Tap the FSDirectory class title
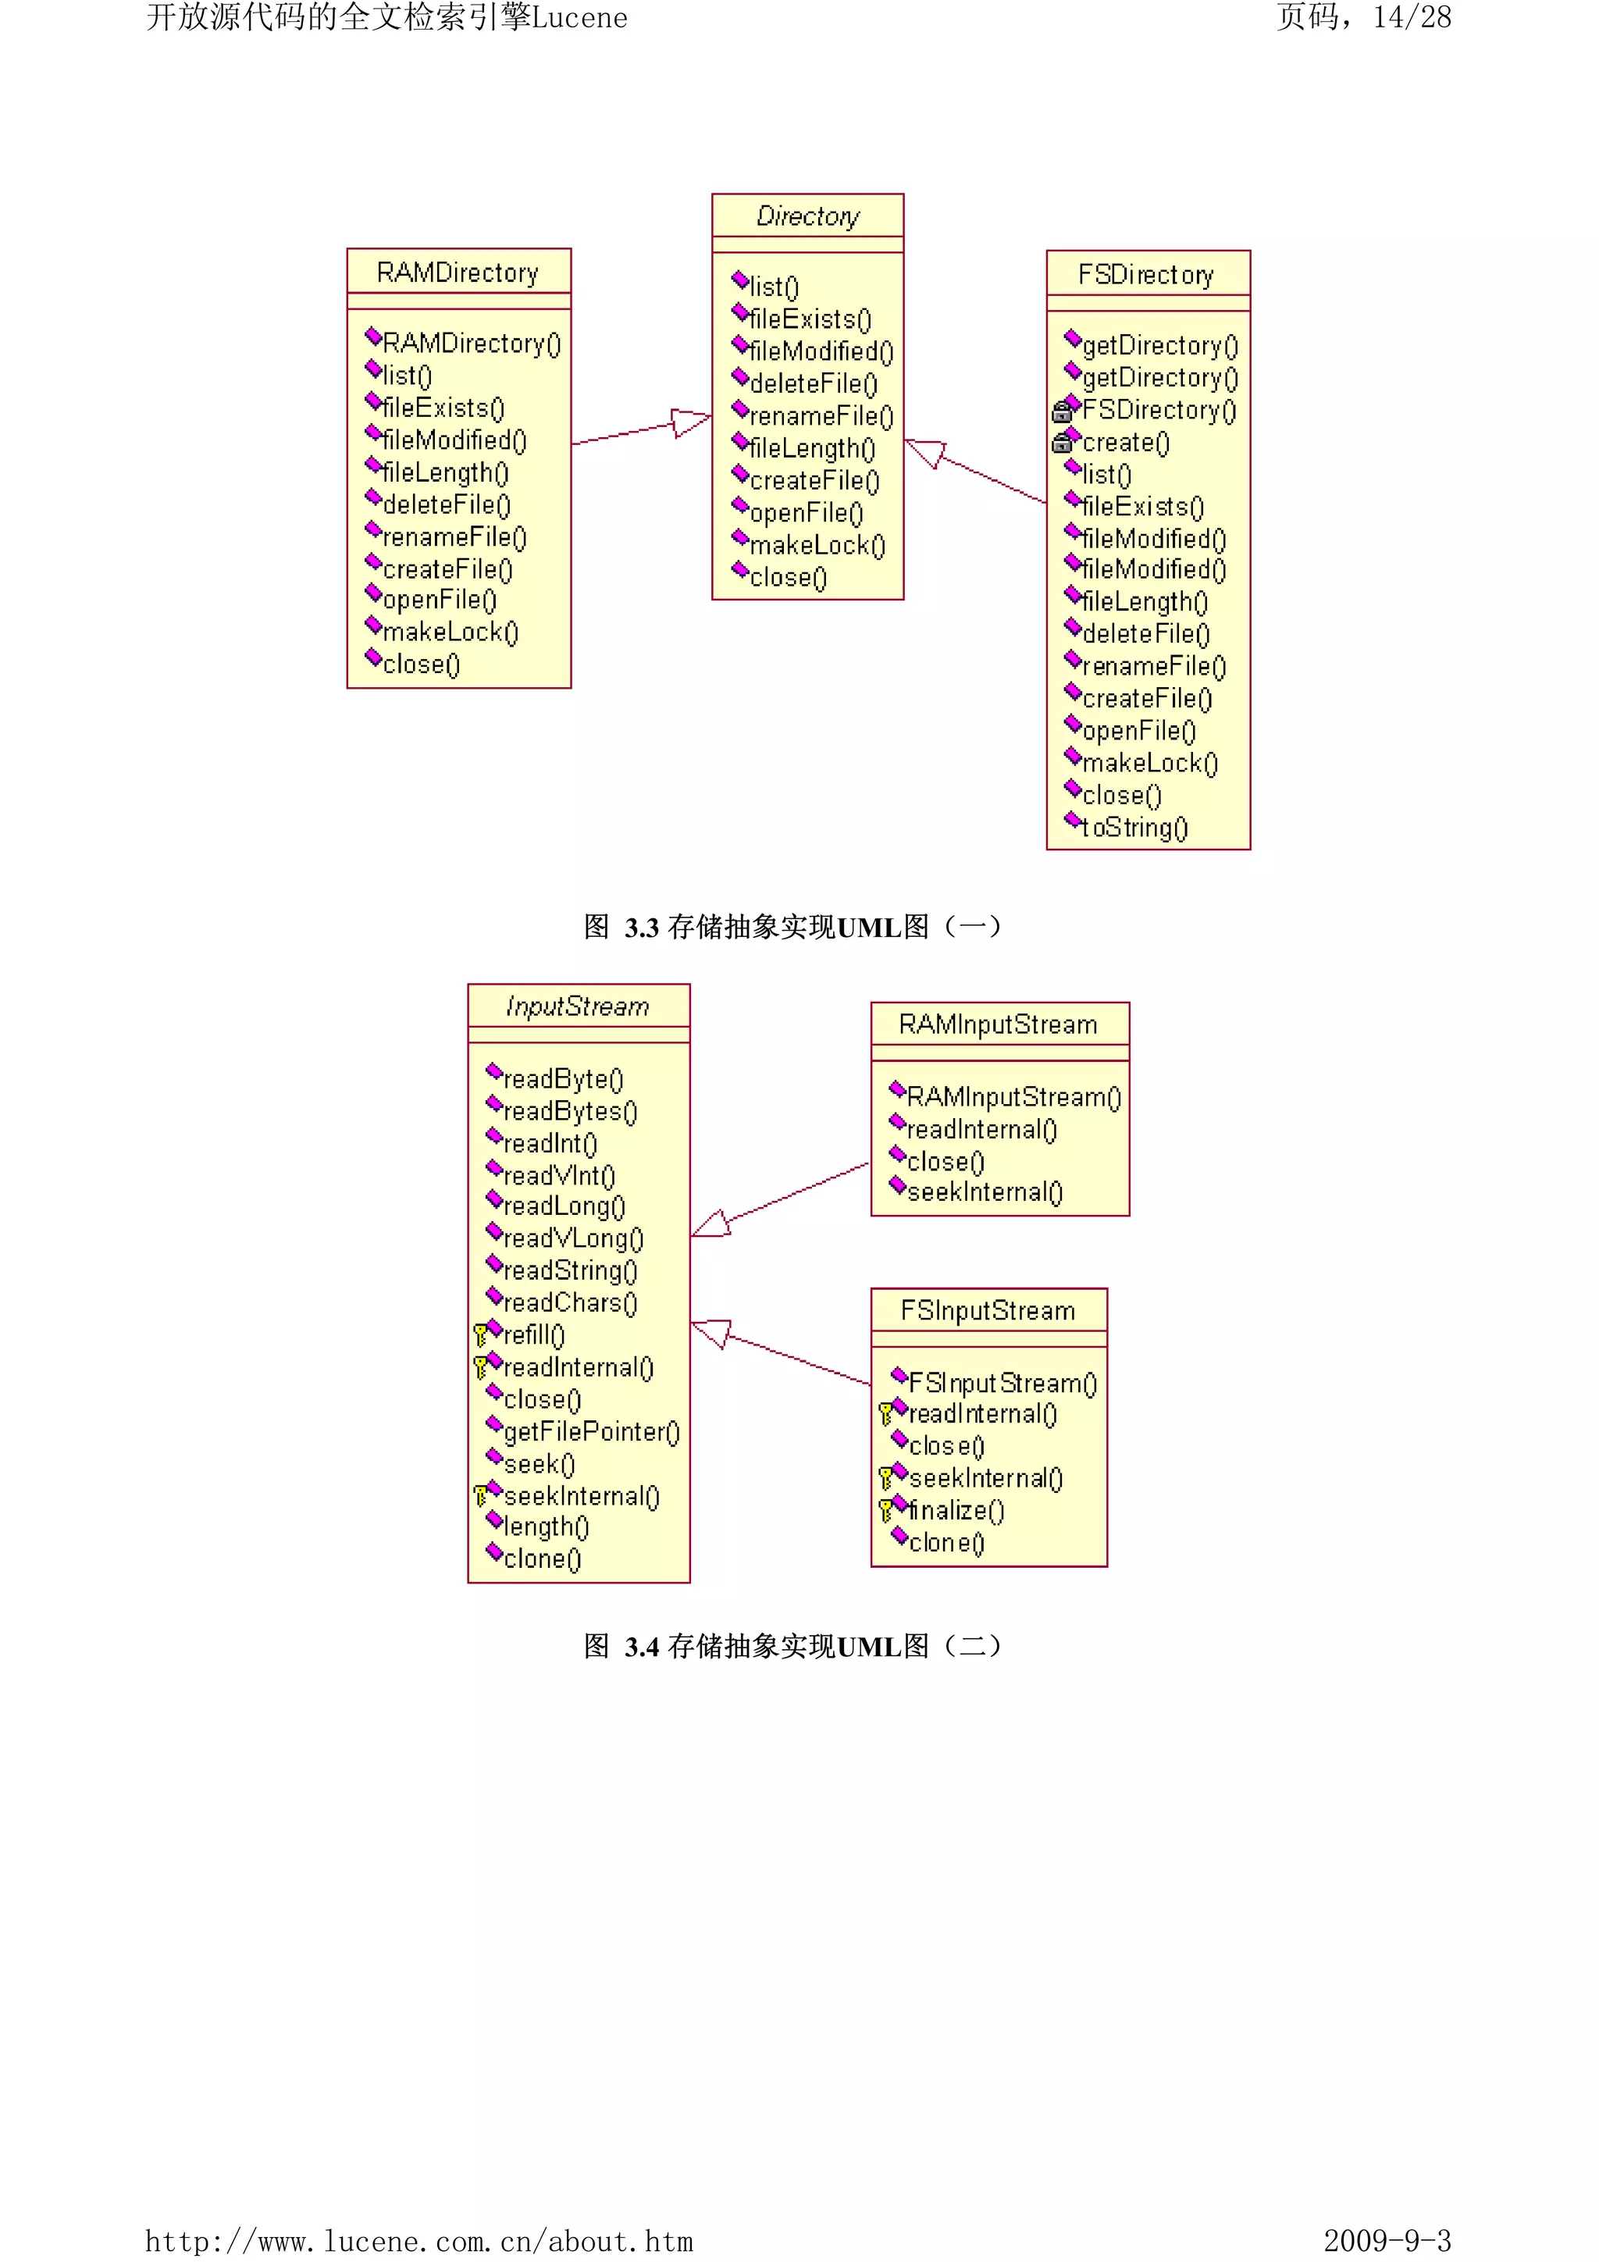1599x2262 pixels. [x=1146, y=275]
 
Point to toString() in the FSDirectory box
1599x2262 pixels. [x=1135, y=828]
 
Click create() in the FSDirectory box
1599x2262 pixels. [x=1126, y=443]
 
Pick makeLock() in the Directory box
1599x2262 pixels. [x=817, y=546]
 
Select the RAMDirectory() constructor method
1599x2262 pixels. [x=471, y=344]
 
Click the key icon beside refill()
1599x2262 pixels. [x=480, y=1336]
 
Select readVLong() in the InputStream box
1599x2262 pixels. [x=572, y=1239]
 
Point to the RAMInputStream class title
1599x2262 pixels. [x=998, y=1025]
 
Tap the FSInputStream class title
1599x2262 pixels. [x=988, y=1311]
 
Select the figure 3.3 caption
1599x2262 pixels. [x=792, y=927]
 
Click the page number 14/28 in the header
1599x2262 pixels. [x=1411, y=18]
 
